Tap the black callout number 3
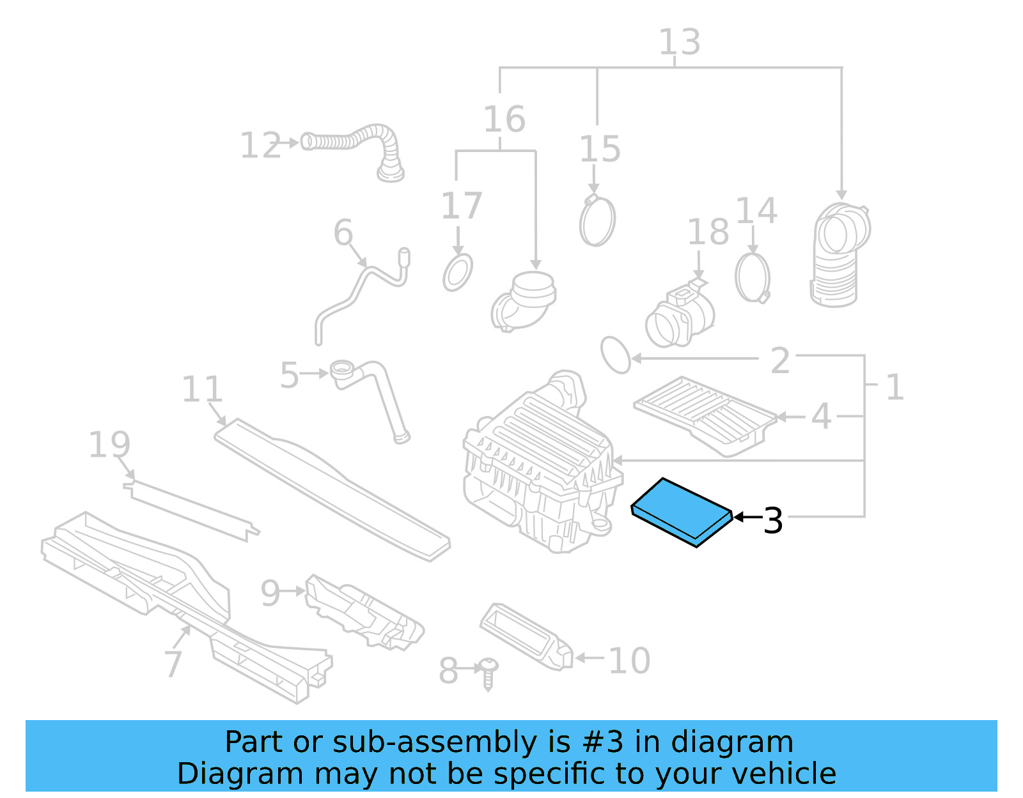773,521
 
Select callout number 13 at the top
679,42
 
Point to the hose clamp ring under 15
597,221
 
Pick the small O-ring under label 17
458,272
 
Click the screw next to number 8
489,673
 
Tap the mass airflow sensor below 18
679,317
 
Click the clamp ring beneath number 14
752,277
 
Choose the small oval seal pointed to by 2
616,355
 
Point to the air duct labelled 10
526,636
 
